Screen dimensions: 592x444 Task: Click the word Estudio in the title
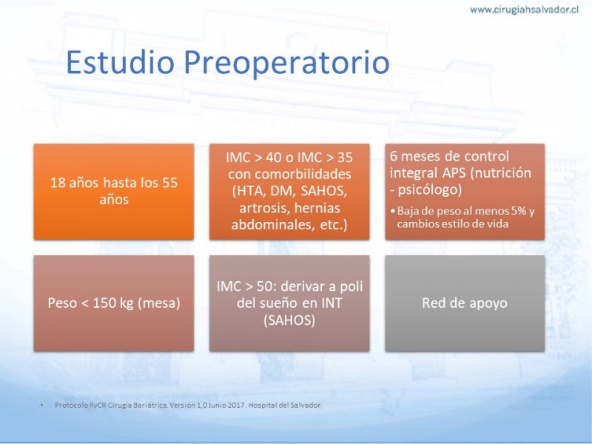120,61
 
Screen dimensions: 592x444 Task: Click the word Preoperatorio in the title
286,63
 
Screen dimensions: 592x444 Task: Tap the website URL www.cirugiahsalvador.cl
525,10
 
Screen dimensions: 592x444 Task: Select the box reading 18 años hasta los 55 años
114,192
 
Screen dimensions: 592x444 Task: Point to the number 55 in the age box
170,183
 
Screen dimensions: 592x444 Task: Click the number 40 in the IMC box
274,158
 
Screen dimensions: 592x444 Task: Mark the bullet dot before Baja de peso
393,211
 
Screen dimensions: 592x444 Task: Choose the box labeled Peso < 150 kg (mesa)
114,303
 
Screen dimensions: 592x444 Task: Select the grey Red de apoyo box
465,303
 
